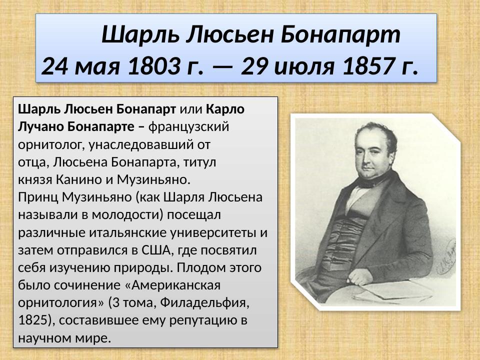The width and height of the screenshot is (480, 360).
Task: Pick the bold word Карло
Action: [225, 109]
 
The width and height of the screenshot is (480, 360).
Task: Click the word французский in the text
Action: [189, 127]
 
